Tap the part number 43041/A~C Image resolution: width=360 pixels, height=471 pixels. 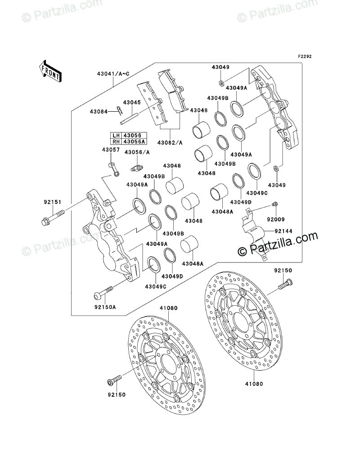tap(112, 74)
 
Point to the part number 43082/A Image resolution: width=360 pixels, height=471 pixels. tap(169, 143)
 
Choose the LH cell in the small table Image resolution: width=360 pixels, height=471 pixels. tap(116, 135)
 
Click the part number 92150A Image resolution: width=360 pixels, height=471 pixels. tap(105, 308)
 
